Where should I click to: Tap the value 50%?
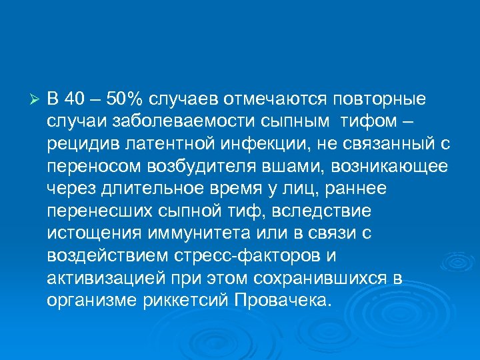[125, 99]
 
